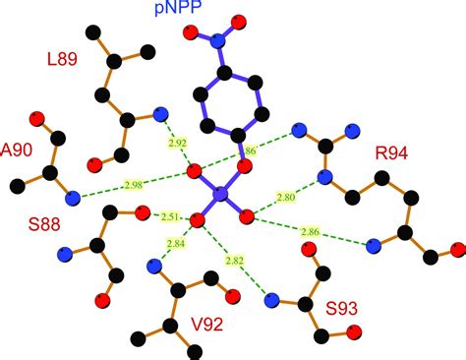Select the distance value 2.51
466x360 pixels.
tap(169, 217)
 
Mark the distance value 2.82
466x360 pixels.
tap(233, 261)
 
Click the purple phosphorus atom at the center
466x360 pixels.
tap(220, 196)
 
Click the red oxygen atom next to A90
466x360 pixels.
tap(39, 119)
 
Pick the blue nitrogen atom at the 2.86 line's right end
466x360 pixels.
tap(371, 245)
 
